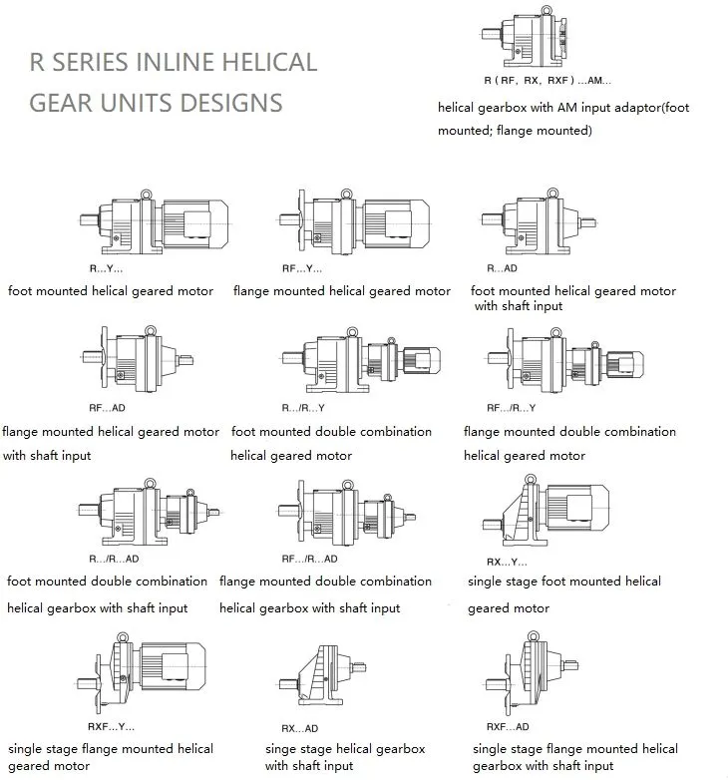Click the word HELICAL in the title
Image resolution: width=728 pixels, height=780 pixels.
(x=269, y=62)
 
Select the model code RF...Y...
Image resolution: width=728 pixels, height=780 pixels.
(x=302, y=268)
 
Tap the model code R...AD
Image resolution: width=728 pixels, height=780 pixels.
(x=502, y=268)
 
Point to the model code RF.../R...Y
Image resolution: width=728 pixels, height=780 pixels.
(x=511, y=408)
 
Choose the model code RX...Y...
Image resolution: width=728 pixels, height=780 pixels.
(x=506, y=561)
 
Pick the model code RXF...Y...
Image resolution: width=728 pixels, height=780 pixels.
(x=112, y=726)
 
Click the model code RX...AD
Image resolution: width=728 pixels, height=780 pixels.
(x=299, y=728)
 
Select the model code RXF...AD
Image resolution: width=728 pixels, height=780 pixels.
(x=508, y=727)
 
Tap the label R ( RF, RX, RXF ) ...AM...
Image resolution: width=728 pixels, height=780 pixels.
(x=546, y=81)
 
